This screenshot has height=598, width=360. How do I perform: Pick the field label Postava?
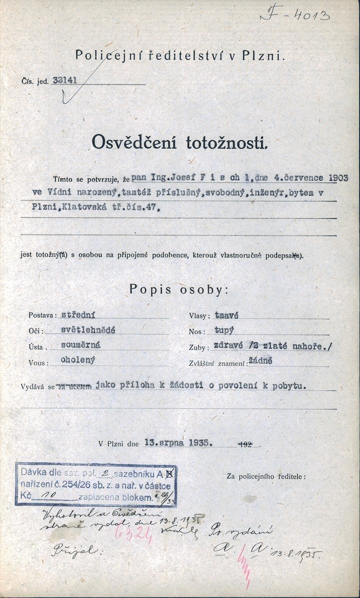[x=43, y=316]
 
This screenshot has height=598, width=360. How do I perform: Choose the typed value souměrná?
[x=80, y=344]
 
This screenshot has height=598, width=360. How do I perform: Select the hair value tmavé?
[x=226, y=315]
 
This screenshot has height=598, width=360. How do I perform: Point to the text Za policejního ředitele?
[x=266, y=476]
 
